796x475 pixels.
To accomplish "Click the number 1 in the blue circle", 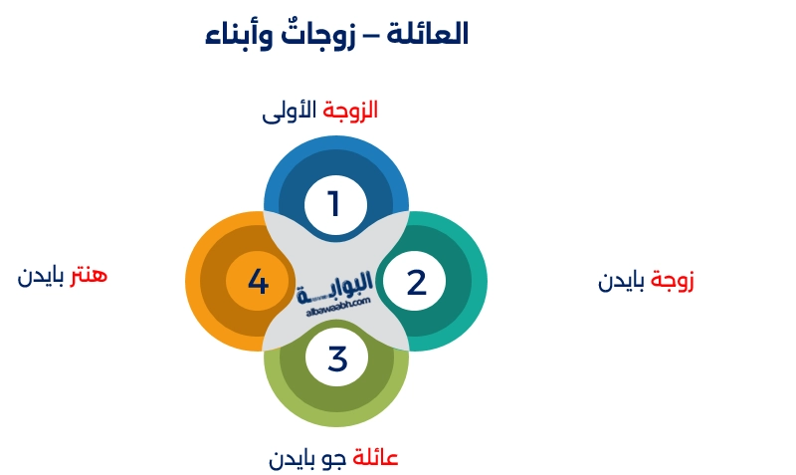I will tap(335, 204).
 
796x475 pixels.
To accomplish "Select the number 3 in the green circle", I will tap(337, 358).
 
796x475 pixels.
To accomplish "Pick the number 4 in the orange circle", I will tap(258, 282).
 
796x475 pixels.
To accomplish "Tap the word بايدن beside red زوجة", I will tap(621, 282).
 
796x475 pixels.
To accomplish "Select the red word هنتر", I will tap(88, 275).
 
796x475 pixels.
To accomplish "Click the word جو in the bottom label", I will tap(335, 459).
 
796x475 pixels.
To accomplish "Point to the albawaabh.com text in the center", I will tap(334, 303).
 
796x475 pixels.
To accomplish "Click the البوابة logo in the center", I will tap(334, 288).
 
